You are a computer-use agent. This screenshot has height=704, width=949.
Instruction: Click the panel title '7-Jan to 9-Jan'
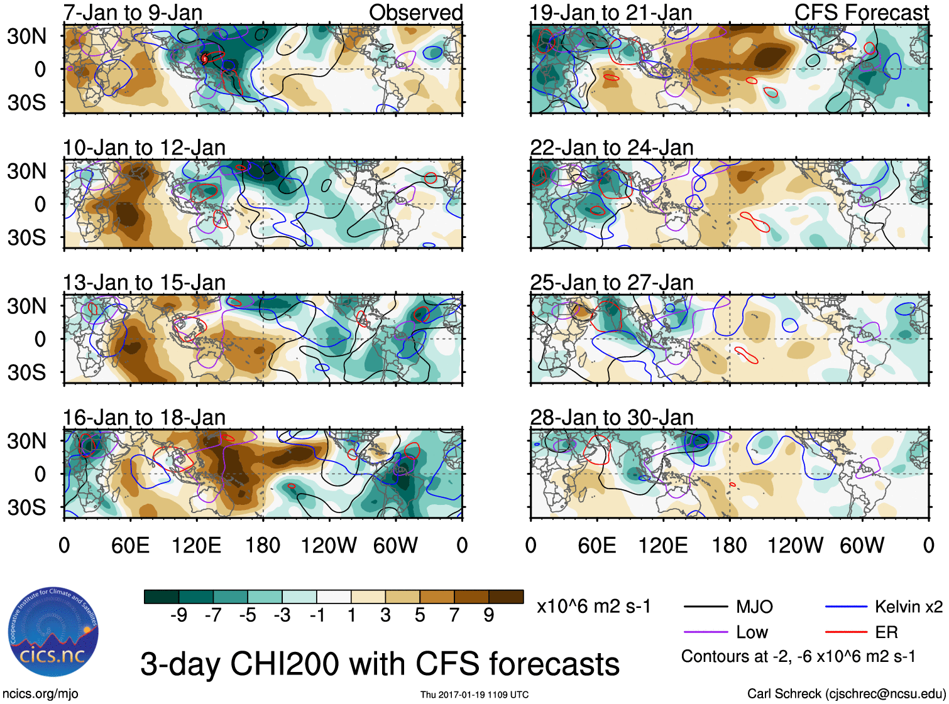pos(133,13)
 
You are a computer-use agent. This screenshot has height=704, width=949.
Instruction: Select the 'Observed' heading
pos(415,13)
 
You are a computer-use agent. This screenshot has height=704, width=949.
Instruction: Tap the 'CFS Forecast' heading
pos(861,13)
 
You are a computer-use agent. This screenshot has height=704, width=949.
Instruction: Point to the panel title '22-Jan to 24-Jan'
pos(612,148)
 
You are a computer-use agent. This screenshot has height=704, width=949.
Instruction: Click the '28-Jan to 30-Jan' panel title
pos(612,418)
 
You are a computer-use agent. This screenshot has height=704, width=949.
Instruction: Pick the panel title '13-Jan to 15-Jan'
pos(144,283)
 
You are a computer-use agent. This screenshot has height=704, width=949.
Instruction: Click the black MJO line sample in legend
pos(706,607)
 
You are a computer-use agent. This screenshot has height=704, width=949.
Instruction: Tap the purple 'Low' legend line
pos(706,632)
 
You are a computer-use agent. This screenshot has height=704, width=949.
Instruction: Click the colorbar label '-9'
pos(178,615)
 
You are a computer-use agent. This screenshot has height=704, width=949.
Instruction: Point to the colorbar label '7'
pos(454,615)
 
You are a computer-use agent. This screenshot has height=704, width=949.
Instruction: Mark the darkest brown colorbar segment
pos(506,597)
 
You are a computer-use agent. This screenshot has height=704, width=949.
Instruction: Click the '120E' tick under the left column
pos(197,545)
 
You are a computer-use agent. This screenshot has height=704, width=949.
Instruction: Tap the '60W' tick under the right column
pos(862,545)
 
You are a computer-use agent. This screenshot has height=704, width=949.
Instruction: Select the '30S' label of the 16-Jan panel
pos(26,507)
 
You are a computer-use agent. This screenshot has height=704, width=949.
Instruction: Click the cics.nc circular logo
pos(53,632)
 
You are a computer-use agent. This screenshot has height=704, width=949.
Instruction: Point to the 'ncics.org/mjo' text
pos(40,694)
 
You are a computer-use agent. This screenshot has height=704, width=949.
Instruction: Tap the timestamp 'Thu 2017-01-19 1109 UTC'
pos(474,695)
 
